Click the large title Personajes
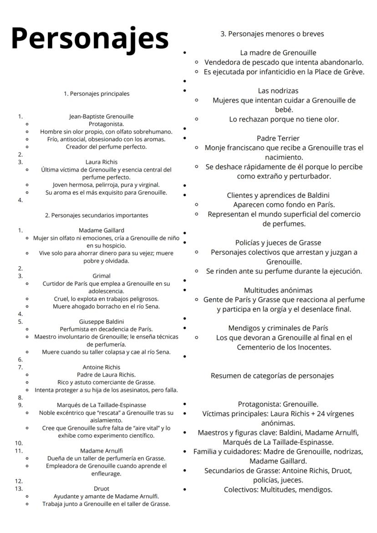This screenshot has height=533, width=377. click(90, 38)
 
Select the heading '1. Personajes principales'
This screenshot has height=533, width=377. click(97, 94)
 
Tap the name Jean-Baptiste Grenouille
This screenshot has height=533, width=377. click(101, 117)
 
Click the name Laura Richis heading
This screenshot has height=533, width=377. click(101, 162)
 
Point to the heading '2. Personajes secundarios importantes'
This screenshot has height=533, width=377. click(97, 215)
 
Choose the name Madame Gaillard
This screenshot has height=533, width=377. click(101, 230)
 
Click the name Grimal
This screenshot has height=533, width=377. click(101, 276)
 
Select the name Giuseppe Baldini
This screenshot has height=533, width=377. click(101, 321)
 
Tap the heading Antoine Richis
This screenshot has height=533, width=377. click(101, 367)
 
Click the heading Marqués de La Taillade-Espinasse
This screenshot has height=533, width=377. click(101, 405)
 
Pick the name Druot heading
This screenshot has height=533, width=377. click(101, 488)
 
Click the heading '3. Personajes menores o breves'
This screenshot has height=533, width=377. click(272, 34)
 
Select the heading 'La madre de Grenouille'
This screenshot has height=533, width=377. click(278, 53)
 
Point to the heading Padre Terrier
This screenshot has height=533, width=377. click(278, 138)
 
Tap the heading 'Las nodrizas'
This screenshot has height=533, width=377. click(278, 91)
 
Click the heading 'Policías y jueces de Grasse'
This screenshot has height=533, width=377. click(278, 243)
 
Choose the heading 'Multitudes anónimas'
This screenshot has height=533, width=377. click(278, 290)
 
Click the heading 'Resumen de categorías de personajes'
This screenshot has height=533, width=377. click(272, 376)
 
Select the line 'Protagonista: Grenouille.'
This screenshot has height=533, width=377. click(278, 404)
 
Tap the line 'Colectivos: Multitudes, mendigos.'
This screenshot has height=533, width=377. click(278, 490)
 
